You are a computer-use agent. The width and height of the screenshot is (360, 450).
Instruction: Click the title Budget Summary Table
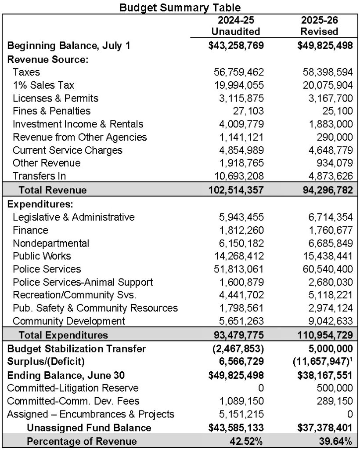click(180, 7)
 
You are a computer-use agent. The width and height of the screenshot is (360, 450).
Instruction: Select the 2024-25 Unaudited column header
click(236, 26)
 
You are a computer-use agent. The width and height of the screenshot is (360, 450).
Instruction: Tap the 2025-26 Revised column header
click(320, 26)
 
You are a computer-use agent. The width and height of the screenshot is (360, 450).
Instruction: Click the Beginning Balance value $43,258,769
click(236, 46)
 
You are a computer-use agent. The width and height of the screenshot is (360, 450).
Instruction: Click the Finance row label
click(30, 230)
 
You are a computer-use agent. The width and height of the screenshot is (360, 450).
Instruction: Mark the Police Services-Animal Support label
click(83, 282)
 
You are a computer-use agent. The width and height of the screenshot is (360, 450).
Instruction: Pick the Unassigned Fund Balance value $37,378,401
click(320, 428)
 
